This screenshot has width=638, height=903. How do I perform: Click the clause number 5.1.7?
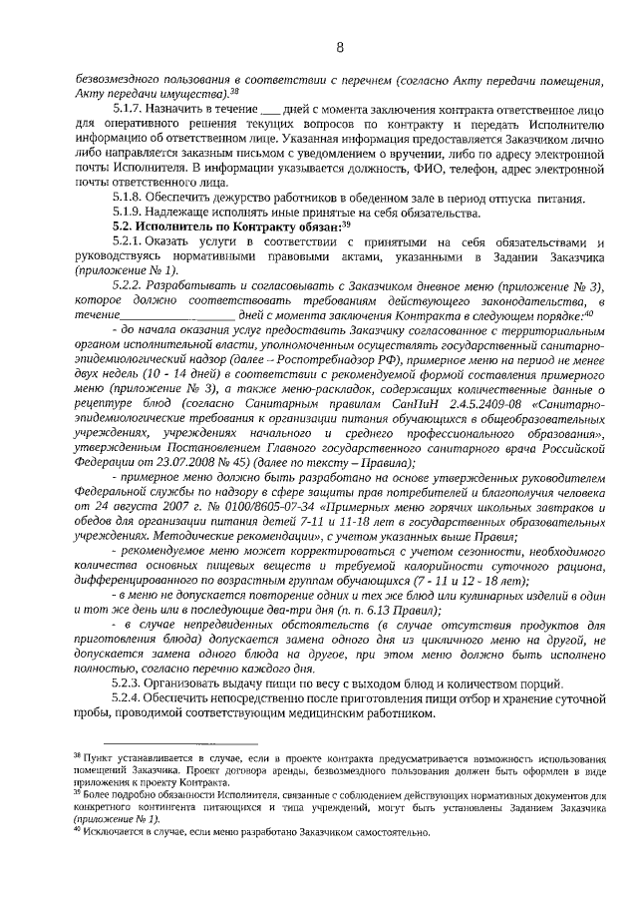[x=132, y=109]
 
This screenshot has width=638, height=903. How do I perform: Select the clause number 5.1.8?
[x=132, y=200]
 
